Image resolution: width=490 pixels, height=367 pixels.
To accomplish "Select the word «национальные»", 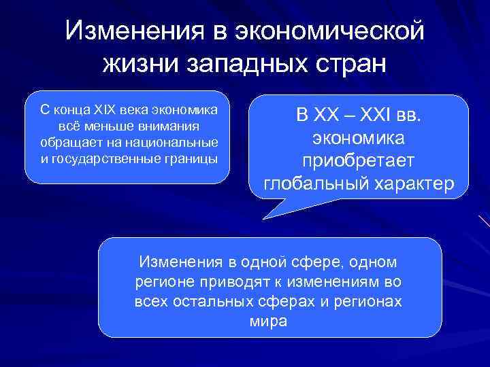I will pos(177,143).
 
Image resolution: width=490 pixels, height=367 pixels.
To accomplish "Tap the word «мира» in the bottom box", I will pos(269,321).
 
